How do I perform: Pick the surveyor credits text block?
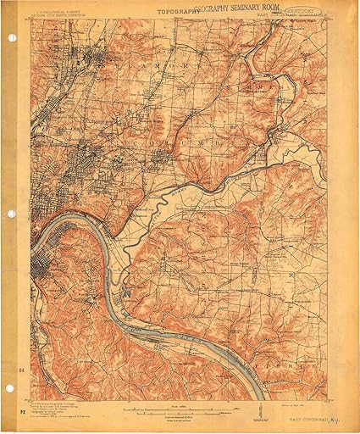(68, 404)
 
